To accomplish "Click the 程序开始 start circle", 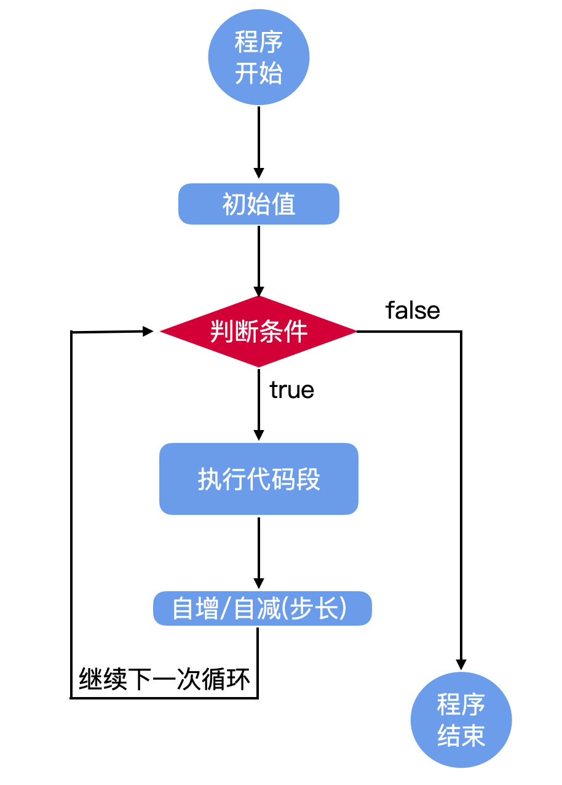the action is [x=259, y=57].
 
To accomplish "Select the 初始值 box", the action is [x=259, y=204].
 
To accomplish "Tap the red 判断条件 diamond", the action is [x=258, y=332].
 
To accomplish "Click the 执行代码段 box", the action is [x=259, y=479].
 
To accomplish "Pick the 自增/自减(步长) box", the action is [x=263, y=608].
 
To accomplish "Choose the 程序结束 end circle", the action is [x=461, y=720].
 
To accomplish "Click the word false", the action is [x=413, y=311].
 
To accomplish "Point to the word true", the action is [x=291, y=389].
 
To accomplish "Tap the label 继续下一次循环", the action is [x=164, y=679].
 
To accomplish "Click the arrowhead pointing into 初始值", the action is [x=259, y=173].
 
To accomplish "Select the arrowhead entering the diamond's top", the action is [x=259, y=292].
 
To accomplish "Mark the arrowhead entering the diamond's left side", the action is [x=148, y=331].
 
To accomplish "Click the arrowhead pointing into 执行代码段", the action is [x=259, y=435].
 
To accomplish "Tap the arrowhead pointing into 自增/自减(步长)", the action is [x=259, y=583].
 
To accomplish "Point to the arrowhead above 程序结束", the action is [x=461, y=665].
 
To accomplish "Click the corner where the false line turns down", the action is [x=461, y=331].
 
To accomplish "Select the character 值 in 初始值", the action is [x=283, y=204].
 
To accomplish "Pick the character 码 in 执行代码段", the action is [x=283, y=479].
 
